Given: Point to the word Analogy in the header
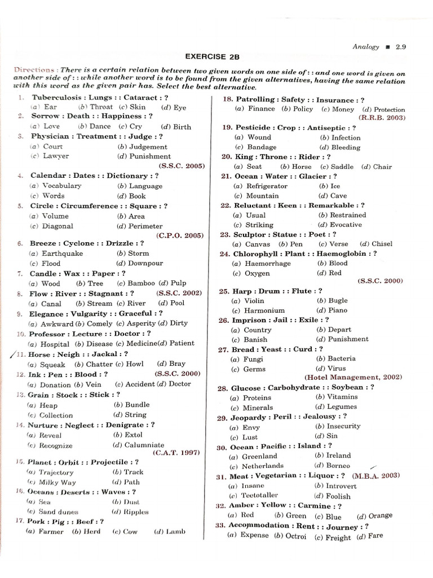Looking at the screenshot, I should (366, 47).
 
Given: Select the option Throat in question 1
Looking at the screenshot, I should (101, 107).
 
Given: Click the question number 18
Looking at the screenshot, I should (228, 100).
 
